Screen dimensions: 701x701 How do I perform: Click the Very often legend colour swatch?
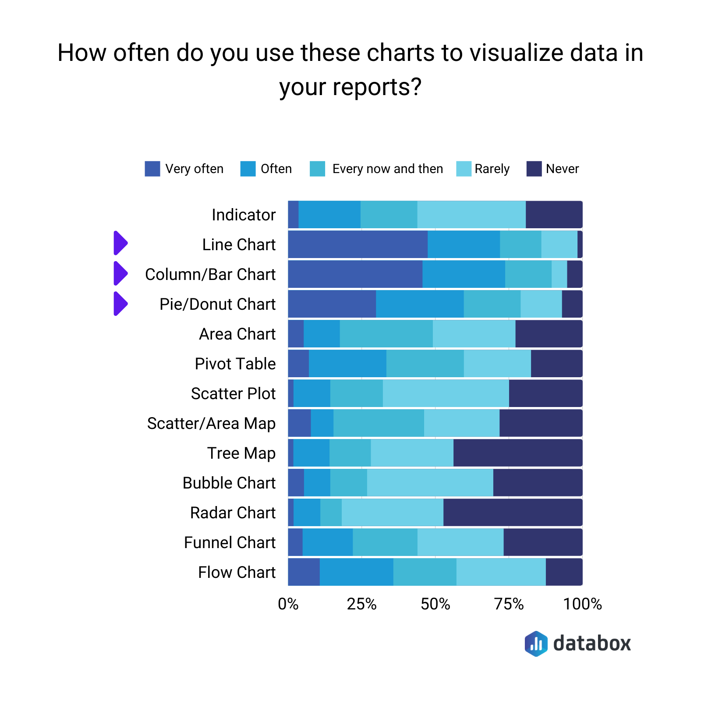pyautogui.click(x=152, y=169)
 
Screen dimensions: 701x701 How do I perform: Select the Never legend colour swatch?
pyautogui.click(x=534, y=169)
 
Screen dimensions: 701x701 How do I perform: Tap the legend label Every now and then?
pyautogui.click(x=387, y=169)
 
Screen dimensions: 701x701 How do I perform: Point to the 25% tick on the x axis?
pyautogui.click(x=361, y=604)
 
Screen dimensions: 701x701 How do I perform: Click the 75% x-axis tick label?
pyautogui.click(x=509, y=604)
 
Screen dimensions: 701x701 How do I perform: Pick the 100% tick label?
pyautogui.click(x=582, y=604)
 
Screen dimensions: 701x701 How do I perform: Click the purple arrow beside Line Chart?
pyautogui.click(x=120, y=243)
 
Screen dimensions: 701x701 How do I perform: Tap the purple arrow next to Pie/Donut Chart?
pyautogui.click(x=120, y=303)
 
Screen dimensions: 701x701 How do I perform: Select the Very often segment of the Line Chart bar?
pyautogui.click(x=358, y=244)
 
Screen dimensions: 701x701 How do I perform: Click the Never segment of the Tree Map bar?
pyautogui.click(x=518, y=453)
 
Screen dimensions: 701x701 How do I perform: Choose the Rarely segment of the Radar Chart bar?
pyautogui.click(x=392, y=512)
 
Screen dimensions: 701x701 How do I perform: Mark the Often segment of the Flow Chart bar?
pyautogui.click(x=356, y=572)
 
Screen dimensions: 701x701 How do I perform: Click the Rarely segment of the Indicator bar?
pyautogui.click(x=471, y=215)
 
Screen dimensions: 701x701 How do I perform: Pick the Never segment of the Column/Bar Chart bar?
pyautogui.click(x=574, y=274)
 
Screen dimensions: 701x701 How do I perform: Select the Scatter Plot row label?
pyautogui.click(x=233, y=393)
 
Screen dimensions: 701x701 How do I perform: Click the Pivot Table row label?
pyautogui.click(x=235, y=364)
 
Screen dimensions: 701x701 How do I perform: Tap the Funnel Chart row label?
pyautogui.click(x=230, y=542)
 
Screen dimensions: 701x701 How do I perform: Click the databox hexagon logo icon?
pyautogui.click(x=536, y=644)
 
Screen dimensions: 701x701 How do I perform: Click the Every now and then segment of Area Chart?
pyautogui.click(x=386, y=334)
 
